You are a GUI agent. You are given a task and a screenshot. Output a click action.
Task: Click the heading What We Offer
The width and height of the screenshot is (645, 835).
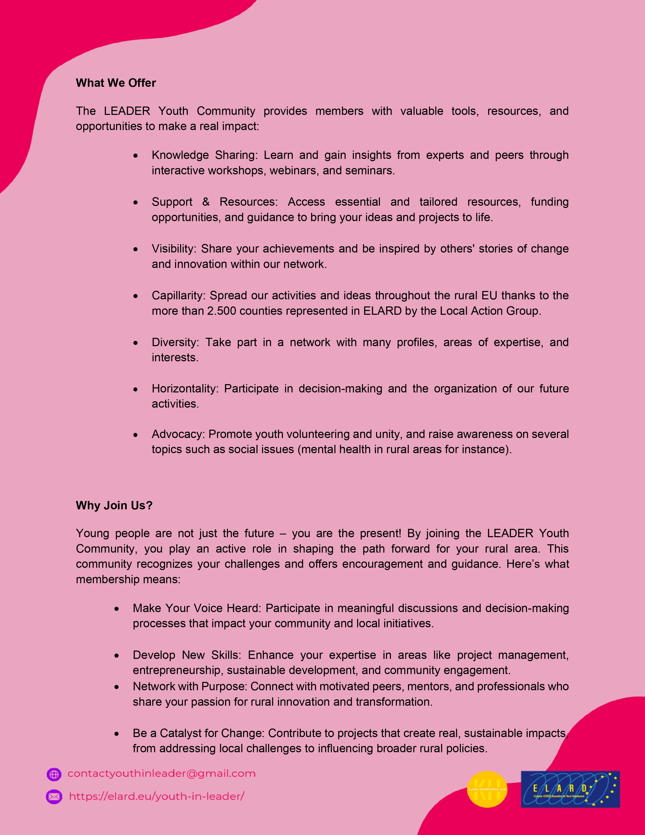pos(116,83)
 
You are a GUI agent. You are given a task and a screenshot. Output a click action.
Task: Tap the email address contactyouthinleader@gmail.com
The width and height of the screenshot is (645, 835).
pos(161,774)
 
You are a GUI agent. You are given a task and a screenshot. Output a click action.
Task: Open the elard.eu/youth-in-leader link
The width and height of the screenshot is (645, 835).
pos(156,796)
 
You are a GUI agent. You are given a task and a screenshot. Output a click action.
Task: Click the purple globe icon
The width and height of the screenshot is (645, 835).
pos(54,774)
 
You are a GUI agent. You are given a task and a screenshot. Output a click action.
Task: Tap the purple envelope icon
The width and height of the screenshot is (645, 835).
pos(54,797)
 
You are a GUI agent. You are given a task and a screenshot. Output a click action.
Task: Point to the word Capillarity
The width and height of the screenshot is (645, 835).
pos(178,296)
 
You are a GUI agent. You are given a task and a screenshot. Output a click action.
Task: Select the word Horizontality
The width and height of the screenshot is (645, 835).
pos(185,388)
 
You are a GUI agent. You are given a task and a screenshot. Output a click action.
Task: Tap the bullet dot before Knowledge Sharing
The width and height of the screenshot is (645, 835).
pos(136,156)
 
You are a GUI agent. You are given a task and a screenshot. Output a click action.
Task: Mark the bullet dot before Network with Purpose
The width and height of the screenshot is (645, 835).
pos(117,687)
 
